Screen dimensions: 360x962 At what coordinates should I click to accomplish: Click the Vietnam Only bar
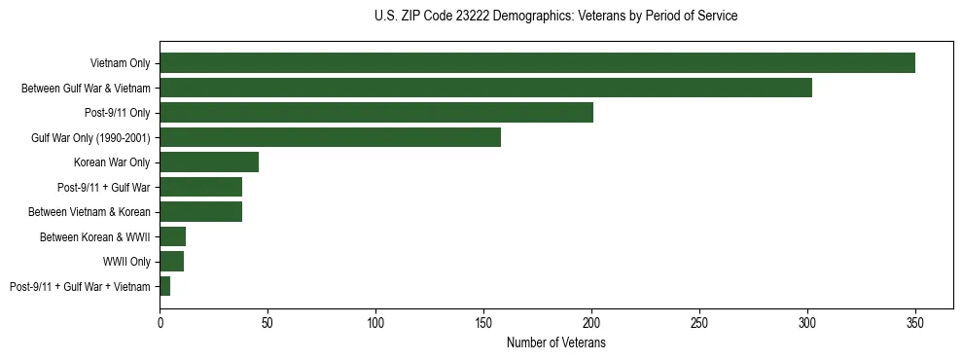[537, 63]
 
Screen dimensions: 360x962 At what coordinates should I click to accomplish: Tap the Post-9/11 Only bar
[376, 113]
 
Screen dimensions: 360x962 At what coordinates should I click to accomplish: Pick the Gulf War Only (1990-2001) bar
[330, 137]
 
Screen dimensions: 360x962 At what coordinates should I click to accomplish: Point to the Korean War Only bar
[209, 162]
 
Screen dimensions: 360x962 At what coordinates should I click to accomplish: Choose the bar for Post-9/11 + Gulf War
[200, 187]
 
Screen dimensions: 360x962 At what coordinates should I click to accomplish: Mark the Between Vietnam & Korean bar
[200, 212]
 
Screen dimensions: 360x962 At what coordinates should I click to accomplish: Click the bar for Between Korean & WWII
[172, 236]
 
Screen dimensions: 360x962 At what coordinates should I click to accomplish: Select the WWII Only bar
[171, 262]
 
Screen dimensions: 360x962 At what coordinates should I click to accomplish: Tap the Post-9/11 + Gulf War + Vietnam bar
[165, 286]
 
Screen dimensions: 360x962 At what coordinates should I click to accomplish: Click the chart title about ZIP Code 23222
[555, 17]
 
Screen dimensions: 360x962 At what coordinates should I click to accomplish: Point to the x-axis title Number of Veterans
[555, 343]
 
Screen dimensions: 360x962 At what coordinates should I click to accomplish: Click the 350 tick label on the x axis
[914, 322]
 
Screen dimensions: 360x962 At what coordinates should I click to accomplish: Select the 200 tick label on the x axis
[591, 322]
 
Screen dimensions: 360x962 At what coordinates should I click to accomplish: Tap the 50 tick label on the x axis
[267, 322]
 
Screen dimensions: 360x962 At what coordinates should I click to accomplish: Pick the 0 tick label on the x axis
[160, 322]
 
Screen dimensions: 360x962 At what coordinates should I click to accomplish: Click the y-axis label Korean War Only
[112, 162]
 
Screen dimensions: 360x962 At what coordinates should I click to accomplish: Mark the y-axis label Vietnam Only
[120, 63]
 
